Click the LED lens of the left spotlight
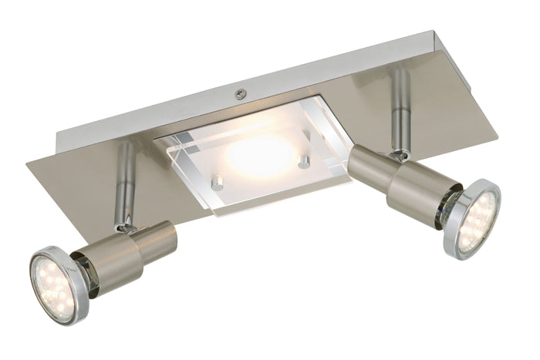click(x=56, y=275)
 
